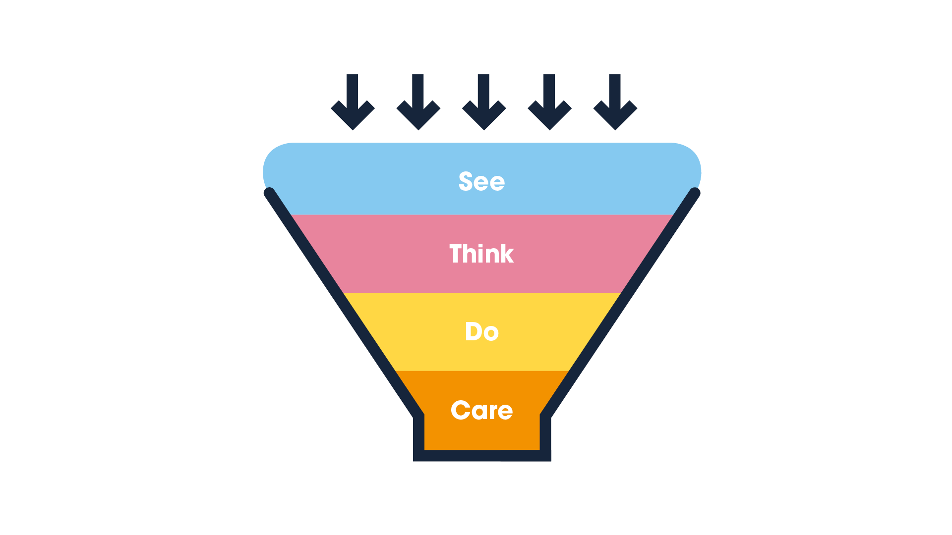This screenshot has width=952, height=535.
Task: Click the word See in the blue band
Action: (481, 181)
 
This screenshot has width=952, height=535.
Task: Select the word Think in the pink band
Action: (481, 254)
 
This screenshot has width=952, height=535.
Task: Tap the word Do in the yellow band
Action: (481, 331)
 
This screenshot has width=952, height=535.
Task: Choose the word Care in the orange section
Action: (481, 410)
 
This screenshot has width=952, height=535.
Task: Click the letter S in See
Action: (467, 181)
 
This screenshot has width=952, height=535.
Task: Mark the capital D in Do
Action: (474, 331)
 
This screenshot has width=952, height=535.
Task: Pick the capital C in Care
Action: (461, 410)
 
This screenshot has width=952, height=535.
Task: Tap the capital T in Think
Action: (456, 254)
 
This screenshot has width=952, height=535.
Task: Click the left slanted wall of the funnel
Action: (342, 304)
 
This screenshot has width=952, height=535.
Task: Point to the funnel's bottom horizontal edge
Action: (482, 456)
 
